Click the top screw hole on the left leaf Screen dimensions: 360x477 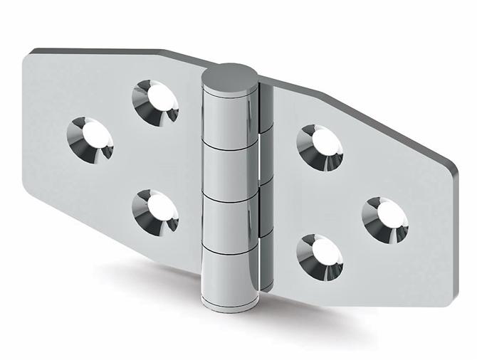(x=155, y=101)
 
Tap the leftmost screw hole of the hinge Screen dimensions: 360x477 (x=90, y=138)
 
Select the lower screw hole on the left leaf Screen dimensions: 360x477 (x=154, y=211)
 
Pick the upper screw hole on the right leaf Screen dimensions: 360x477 (x=320, y=148)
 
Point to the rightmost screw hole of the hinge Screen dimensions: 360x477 (x=384, y=218)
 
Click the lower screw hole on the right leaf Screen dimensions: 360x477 (x=320, y=256)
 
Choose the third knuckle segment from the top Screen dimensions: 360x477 (x=229, y=221)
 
